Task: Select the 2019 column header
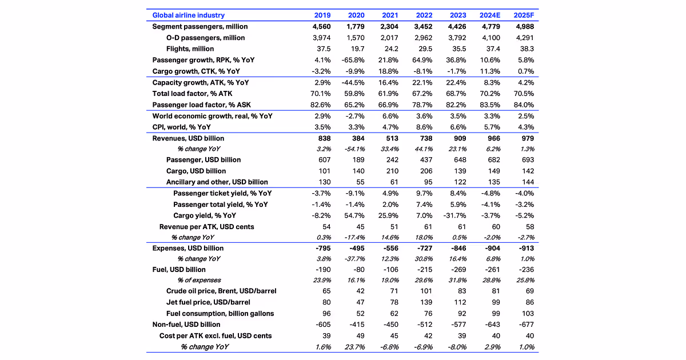[x=322, y=15]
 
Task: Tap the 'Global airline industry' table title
[x=188, y=15]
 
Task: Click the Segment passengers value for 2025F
[x=523, y=27]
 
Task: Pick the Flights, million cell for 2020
[x=357, y=49]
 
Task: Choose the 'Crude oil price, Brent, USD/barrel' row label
[x=221, y=291]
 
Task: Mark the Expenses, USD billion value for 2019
[x=322, y=249]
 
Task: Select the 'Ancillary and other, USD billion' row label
[x=217, y=182]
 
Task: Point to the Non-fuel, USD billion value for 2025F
[x=524, y=325]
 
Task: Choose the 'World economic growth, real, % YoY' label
[x=212, y=116]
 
